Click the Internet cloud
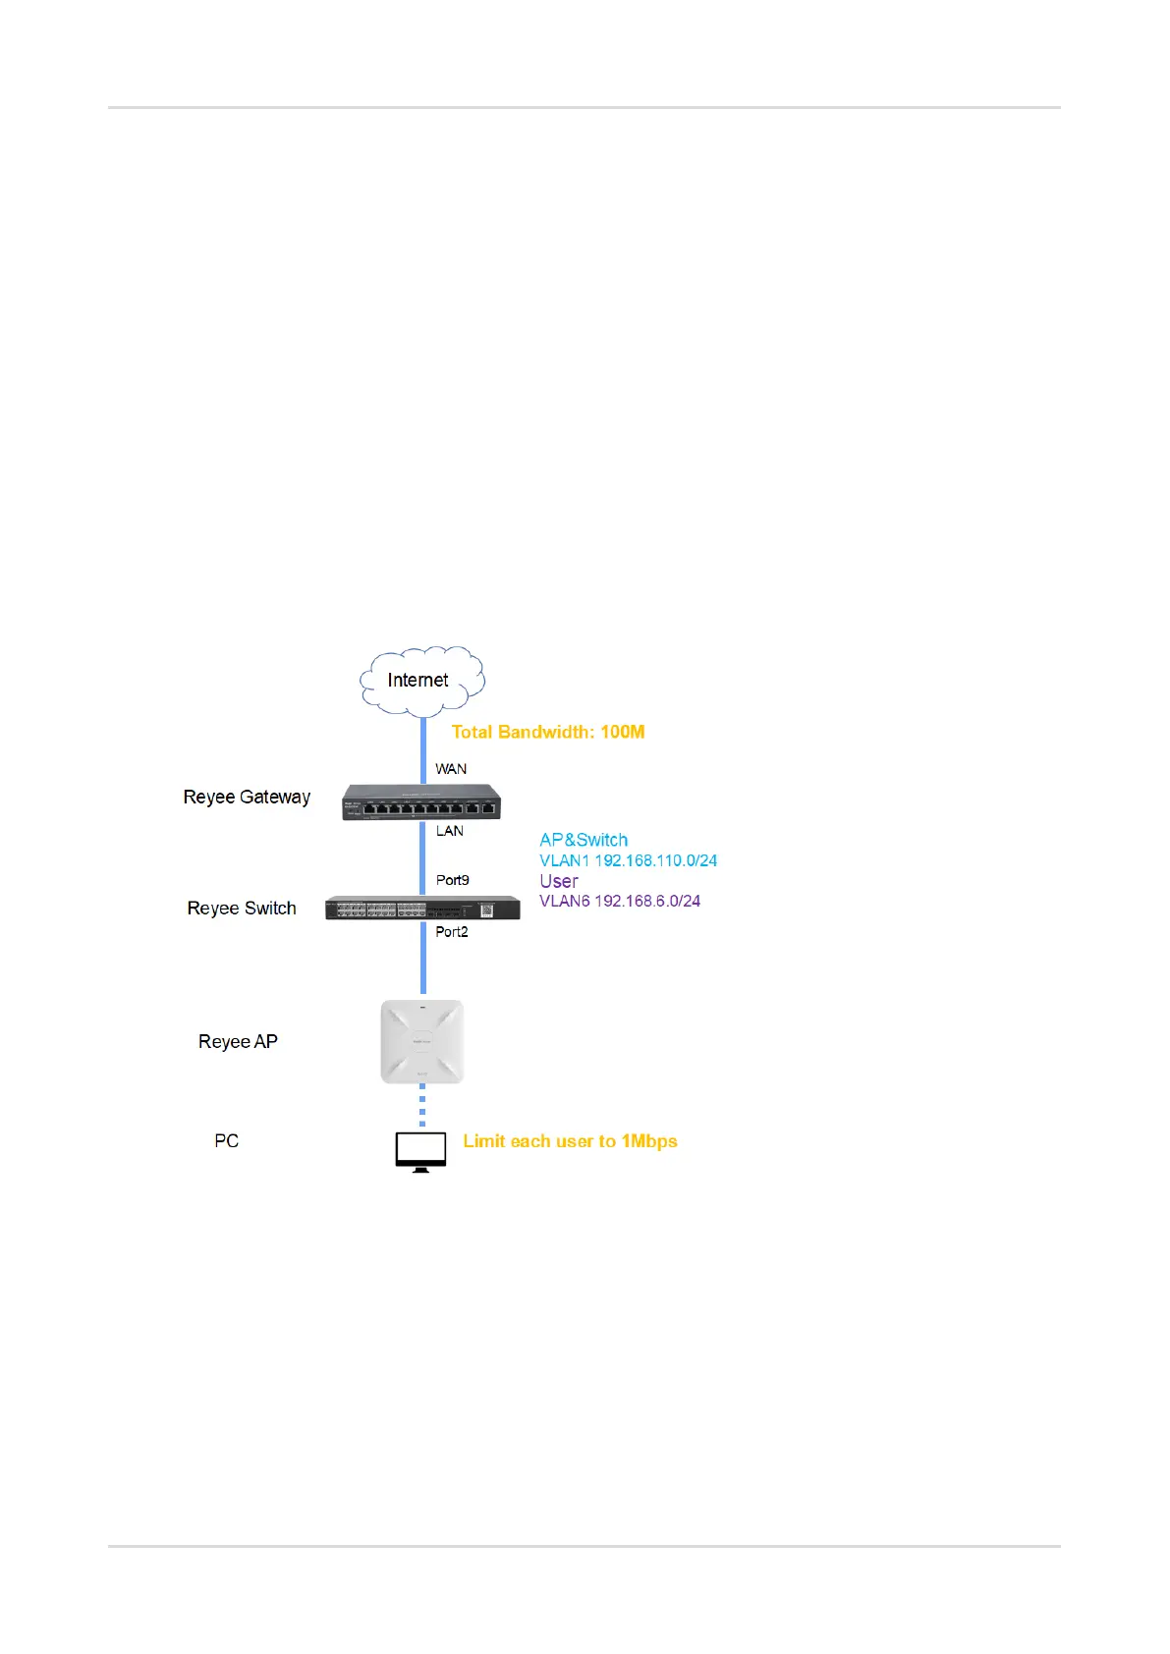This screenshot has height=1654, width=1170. pyautogui.click(x=421, y=679)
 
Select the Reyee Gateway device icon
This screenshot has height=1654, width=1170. pyautogui.click(x=421, y=802)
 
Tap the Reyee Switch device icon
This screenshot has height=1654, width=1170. pyautogui.click(x=422, y=909)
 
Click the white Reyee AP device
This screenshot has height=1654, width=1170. pyautogui.click(x=422, y=1041)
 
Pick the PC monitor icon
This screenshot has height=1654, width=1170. pyautogui.click(x=421, y=1151)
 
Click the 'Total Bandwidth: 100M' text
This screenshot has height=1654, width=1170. pyautogui.click(x=548, y=732)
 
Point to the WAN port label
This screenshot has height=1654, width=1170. pyautogui.click(x=451, y=769)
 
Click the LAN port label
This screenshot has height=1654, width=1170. pyautogui.click(x=450, y=831)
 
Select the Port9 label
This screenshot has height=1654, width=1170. pyautogui.click(x=453, y=880)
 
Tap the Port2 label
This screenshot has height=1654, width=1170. pyautogui.click(x=452, y=932)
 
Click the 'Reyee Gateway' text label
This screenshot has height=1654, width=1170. pyautogui.click(x=247, y=797)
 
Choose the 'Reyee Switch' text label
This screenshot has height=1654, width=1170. pyautogui.click(x=242, y=909)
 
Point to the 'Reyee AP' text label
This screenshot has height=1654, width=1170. pyautogui.click(x=238, y=1042)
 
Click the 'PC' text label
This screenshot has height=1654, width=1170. pyautogui.click(x=227, y=1141)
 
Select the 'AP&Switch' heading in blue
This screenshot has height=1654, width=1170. pyautogui.click(x=584, y=840)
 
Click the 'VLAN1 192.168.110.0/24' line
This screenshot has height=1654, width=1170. pyautogui.click(x=629, y=860)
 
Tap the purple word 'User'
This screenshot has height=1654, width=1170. pyautogui.click(x=559, y=881)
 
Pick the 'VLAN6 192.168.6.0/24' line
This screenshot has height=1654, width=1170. pyautogui.click(x=620, y=901)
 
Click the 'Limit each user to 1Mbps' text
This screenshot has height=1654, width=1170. pyautogui.click(x=571, y=1141)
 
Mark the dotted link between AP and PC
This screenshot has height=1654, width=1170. pyautogui.click(x=422, y=1107)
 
